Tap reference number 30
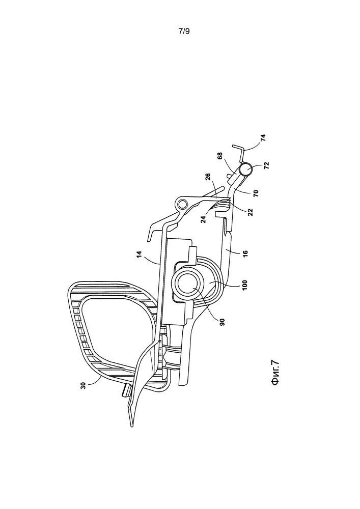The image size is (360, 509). pos(84,385)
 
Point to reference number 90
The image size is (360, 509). pos(222,322)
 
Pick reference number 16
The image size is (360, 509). pos(245,252)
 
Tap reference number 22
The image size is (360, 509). pos(250,212)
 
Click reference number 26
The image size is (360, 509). pos(208,177)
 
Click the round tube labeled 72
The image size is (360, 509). pos(246,169)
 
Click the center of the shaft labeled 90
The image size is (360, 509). pos(191,283)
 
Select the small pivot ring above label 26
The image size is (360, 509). pos(182,204)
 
